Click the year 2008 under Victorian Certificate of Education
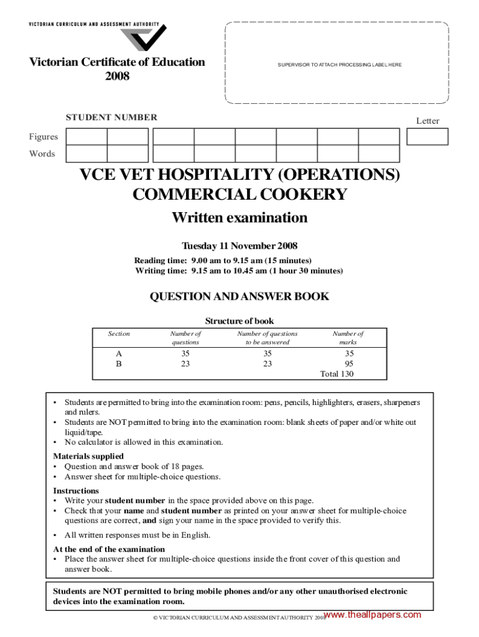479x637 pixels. [x=117, y=76]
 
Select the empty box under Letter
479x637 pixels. [x=427, y=136]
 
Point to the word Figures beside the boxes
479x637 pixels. [x=43, y=137]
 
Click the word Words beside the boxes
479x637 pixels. [x=42, y=154]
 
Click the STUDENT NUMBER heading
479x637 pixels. [x=111, y=117]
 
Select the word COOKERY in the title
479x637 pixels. [x=291, y=195]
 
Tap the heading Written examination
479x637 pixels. [x=240, y=218]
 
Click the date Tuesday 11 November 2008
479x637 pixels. [x=240, y=246]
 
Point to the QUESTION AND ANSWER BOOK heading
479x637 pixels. [x=240, y=297]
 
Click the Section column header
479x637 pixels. [x=119, y=333]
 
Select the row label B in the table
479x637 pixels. [x=119, y=363]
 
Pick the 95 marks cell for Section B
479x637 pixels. [x=348, y=363]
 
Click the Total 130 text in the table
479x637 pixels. [x=338, y=373]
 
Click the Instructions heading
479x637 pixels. [x=76, y=491]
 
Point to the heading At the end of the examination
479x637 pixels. [x=109, y=549]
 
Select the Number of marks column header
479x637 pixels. [x=348, y=338]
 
